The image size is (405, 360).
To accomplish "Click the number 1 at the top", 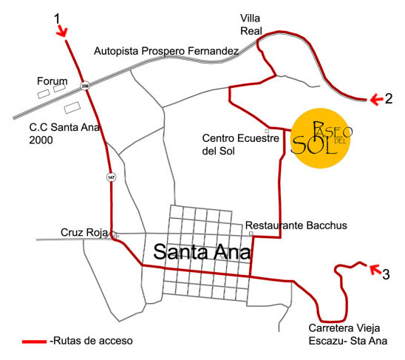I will [x=58, y=16].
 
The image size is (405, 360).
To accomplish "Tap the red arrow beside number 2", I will [x=377, y=98].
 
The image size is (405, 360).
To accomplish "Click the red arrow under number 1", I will [x=63, y=31].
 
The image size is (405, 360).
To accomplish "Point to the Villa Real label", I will [x=251, y=24].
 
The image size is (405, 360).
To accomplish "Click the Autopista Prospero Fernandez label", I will [x=166, y=51].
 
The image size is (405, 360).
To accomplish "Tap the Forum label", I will [x=52, y=81].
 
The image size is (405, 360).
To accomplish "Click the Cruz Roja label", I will [x=84, y=233].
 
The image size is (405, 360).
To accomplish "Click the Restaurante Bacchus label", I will [x=285, y=225].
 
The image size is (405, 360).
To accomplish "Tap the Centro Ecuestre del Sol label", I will [x=239, y=144].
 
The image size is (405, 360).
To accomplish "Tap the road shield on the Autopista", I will [x=85, y=85].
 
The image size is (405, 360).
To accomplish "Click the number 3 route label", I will [x=386, y=276].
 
